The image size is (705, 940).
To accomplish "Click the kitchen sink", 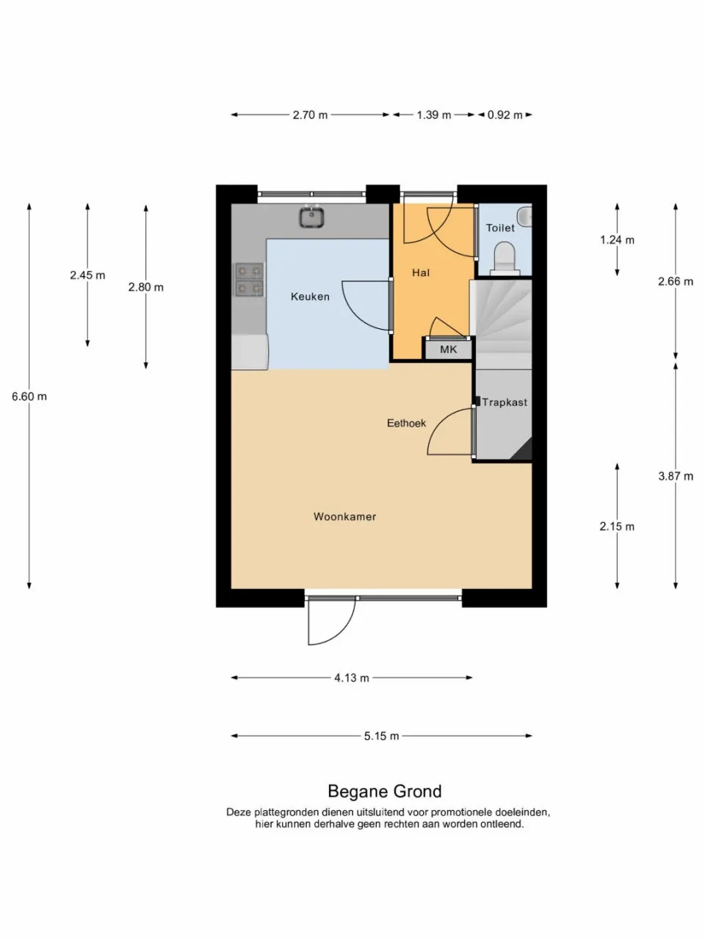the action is [311, 216].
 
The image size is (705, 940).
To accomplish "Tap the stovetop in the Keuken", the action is [249, 280].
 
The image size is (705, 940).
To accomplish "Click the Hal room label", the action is [421, 272].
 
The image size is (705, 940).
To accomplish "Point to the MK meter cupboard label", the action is [448, 350].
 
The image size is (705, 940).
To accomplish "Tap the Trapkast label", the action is [505, 402].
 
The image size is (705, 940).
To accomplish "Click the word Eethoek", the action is [406, 423].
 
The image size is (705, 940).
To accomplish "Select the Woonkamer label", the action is [344, 516].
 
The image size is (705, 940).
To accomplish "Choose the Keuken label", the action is [310, 297].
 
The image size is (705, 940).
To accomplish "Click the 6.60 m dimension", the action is [29, 397].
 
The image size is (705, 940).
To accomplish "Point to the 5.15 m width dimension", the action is [381, 736].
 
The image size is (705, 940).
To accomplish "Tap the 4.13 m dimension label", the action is [352, 678].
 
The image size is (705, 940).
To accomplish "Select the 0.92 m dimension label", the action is [505, 115].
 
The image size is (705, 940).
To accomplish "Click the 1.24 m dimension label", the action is [617, 240].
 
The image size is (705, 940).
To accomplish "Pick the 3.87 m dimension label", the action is [676, 476].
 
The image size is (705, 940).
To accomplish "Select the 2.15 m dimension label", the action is [617, 527].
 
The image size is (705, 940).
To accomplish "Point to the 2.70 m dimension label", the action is [310, 115].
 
